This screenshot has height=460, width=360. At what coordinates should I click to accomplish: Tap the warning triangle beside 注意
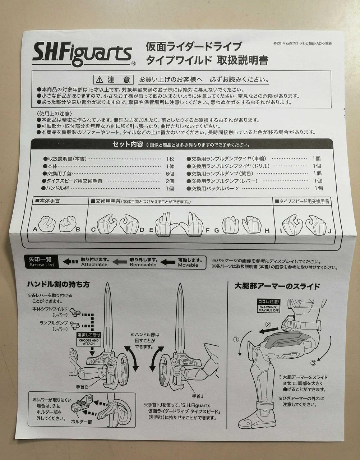100,80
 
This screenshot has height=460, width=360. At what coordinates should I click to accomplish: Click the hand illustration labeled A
47,224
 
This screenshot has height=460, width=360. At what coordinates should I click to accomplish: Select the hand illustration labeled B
67,224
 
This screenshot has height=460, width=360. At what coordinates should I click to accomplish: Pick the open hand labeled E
166,224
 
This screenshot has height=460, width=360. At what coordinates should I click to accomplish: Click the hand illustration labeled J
317,225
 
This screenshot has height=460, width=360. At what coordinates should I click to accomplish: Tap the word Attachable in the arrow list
94,264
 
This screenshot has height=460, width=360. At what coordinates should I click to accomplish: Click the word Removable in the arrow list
143,264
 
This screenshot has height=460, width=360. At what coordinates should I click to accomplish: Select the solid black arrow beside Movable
168,262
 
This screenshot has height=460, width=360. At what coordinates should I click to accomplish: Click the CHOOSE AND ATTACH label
89,342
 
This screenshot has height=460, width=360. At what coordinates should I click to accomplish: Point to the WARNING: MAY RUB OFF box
269,309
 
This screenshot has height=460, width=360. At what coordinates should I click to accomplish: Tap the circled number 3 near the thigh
313,363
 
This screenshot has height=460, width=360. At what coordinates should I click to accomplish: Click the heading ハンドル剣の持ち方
58,284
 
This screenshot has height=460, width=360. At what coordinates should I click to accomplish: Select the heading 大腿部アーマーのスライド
277,286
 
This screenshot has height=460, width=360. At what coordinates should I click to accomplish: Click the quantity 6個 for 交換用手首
170,174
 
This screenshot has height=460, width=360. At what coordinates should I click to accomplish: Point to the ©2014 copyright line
302,43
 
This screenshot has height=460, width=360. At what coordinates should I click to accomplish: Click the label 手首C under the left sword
82,387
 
